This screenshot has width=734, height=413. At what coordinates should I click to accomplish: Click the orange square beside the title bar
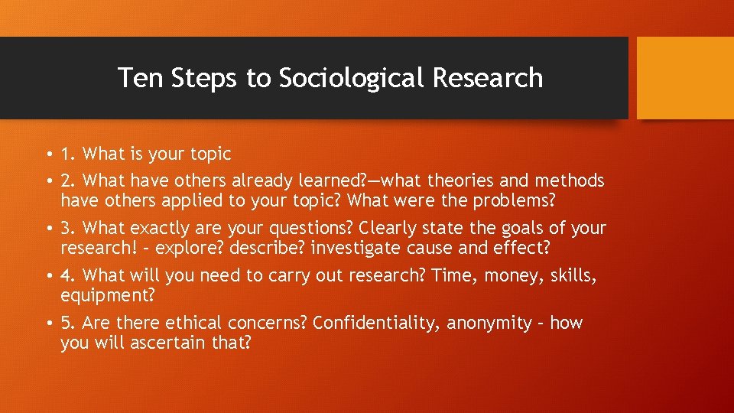684,78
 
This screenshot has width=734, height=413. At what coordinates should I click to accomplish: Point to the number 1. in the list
68,154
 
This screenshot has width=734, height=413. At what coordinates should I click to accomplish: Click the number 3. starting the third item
69,228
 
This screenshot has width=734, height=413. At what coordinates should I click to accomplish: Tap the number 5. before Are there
69,323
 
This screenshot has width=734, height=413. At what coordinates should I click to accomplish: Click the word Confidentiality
377,323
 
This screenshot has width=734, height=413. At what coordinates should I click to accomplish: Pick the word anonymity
490,324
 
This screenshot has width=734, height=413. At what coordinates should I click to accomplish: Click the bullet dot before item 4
48,276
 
